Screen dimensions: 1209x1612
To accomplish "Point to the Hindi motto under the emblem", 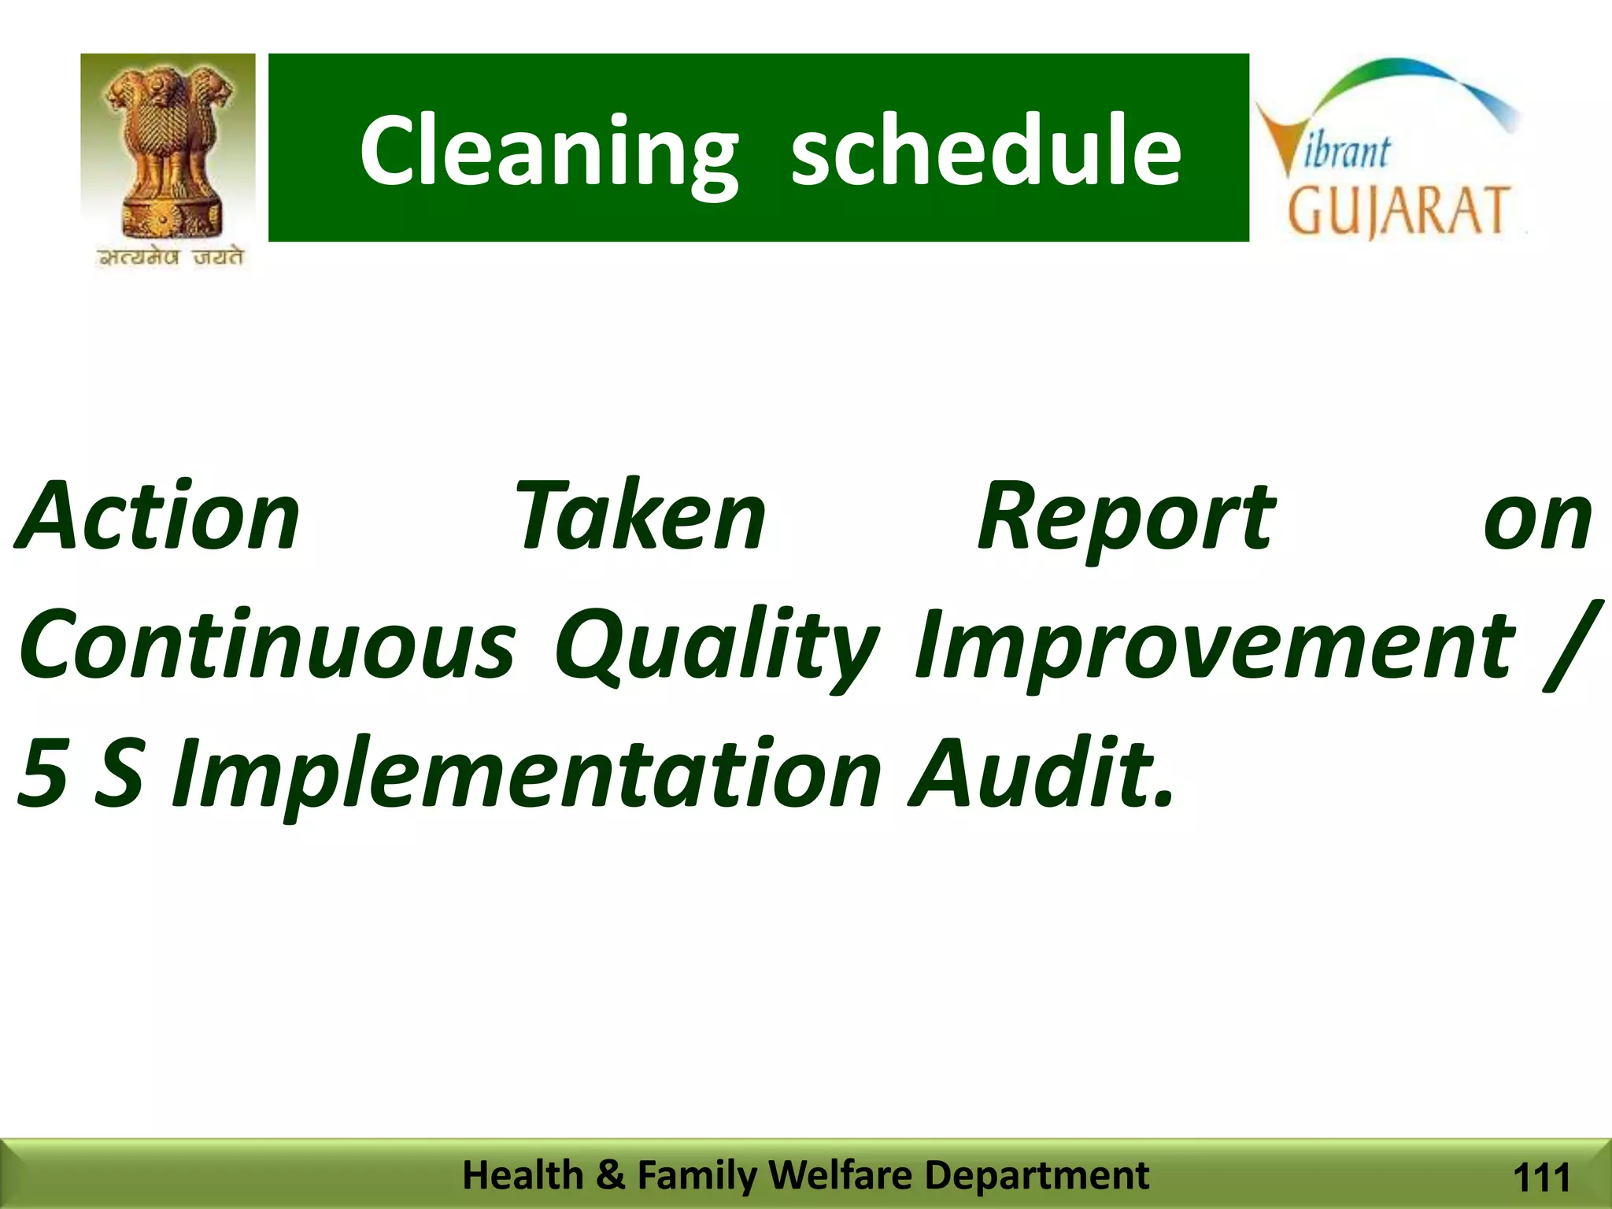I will (x=170, y=257).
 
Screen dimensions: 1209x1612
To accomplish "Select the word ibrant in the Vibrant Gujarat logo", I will (x=1347, y=151).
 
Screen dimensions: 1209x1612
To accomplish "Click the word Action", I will (x=157, y=517).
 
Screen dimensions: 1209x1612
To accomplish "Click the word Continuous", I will (x=268, y=645).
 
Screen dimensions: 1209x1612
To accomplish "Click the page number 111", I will (x=1541, y=1178).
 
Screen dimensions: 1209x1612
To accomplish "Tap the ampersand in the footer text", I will (x=610, y=1174).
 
